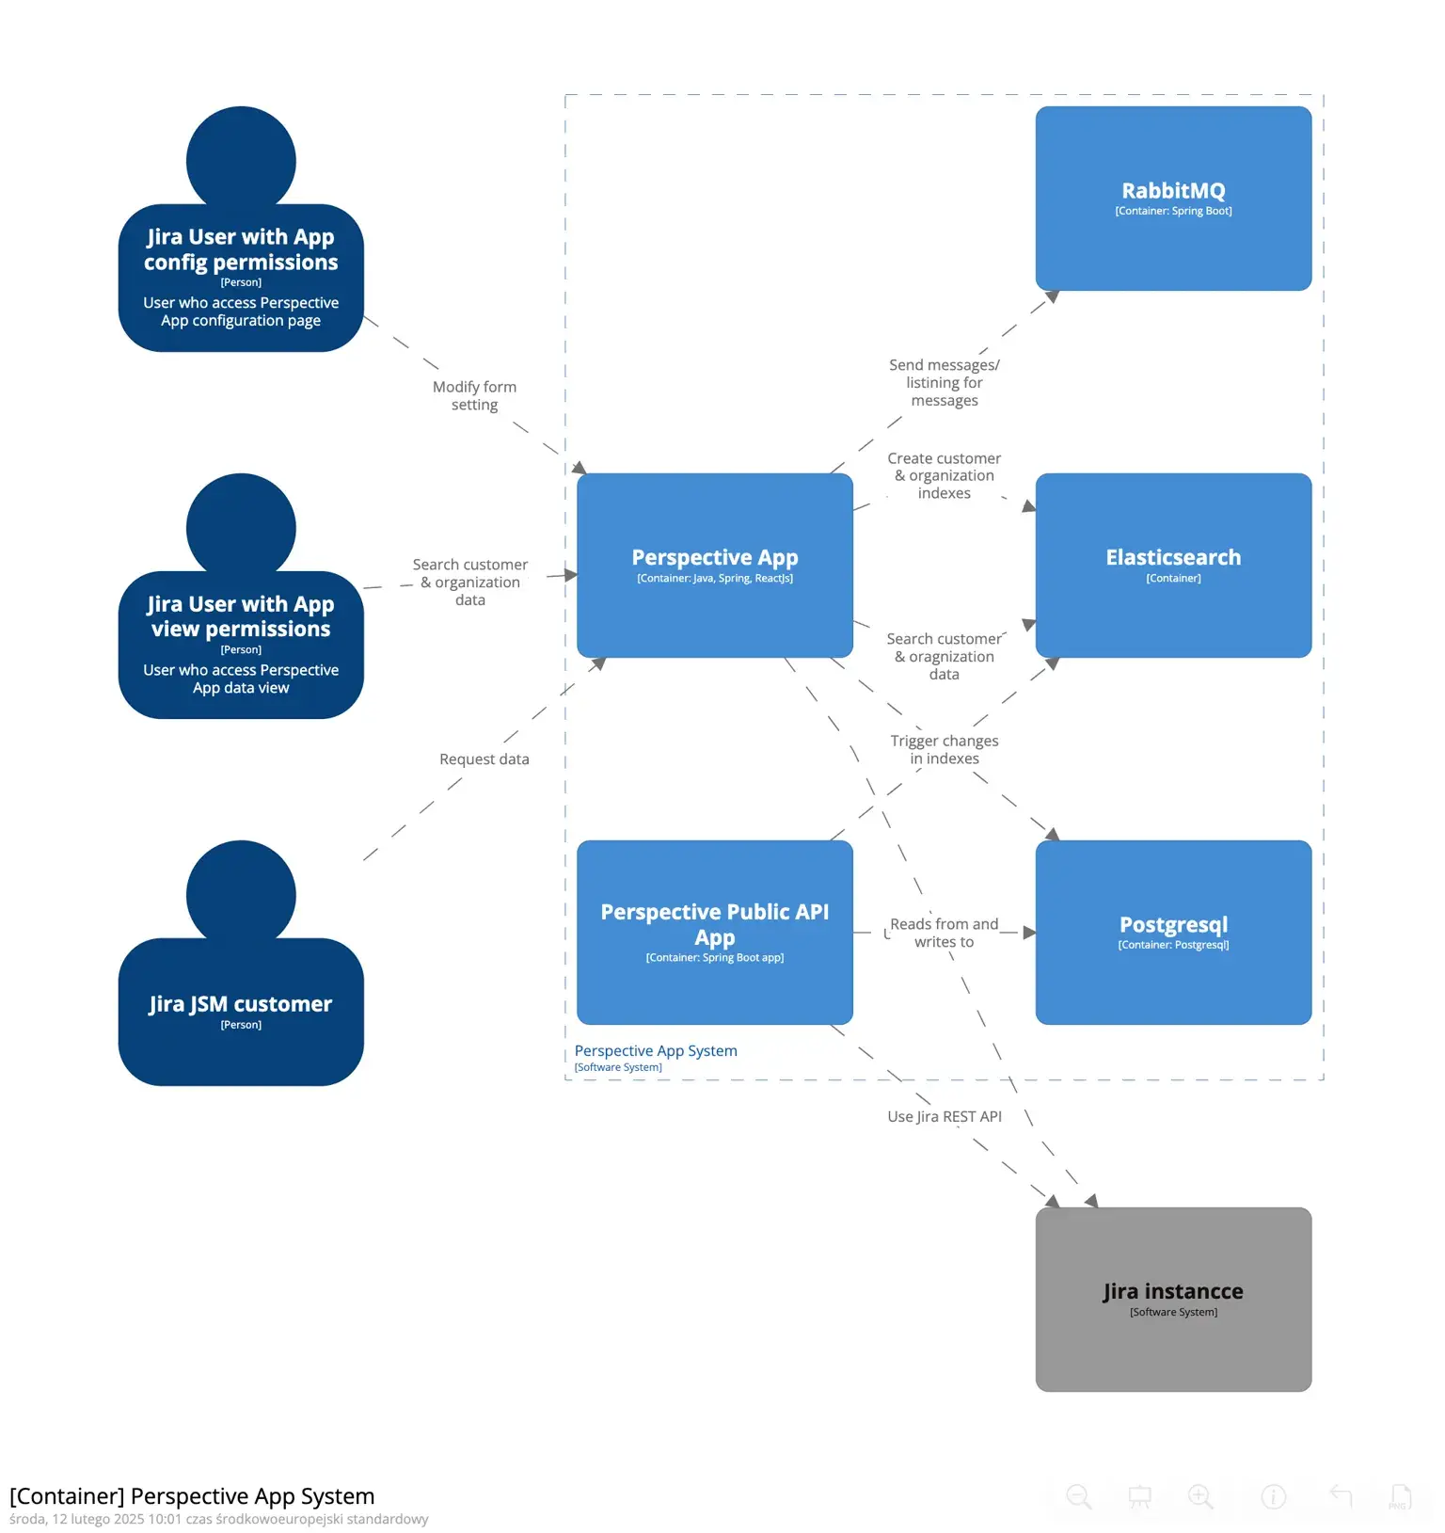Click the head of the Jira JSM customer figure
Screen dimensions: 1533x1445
coord(241,894)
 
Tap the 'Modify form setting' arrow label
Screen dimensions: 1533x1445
coord(474,395)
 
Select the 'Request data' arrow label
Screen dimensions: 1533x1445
coord(484,759)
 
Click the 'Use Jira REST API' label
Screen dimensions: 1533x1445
coord(944,1117)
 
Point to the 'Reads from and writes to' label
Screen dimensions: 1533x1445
coord(944,933)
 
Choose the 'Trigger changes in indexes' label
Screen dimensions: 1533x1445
coord(944,750)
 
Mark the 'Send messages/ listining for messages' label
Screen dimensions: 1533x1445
coord(944,383)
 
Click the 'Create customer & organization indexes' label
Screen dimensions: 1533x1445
coord(944,475)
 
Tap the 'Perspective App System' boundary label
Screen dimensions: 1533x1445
coord(656,1051)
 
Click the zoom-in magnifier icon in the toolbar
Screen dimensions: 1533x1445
coord(1200,1496)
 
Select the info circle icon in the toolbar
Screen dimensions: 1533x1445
coord(1273,1496)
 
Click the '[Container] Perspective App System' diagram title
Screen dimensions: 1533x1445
coord(192,1495)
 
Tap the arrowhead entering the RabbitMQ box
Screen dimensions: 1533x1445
coord(1053,297)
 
